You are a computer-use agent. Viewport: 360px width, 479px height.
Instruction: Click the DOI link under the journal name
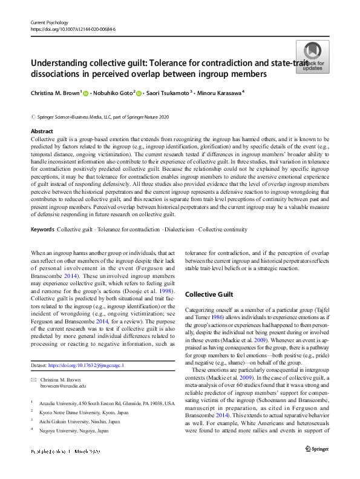[73, 28]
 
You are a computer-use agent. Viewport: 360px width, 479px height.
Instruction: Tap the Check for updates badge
[312, 57]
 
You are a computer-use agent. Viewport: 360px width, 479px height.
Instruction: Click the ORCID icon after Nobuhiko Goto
[139, 93]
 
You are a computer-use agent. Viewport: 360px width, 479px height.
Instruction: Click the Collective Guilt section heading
[209, 294]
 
